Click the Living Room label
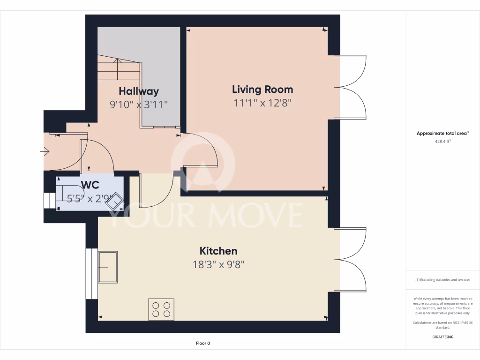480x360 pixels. [x=262, y=89]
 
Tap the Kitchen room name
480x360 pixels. [x=218, y=251]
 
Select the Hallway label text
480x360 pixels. [x=138, y=91]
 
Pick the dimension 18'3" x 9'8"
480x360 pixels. [x=218, y=264]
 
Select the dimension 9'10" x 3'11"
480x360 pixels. [x=138, y=105]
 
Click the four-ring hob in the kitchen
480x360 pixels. [x=161, y=309]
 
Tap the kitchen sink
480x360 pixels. [x=108, y=267]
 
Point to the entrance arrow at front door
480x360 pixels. [x=45, y=151]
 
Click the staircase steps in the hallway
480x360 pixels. [x=119, y=70]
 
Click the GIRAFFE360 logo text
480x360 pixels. [x=442, y=337]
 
